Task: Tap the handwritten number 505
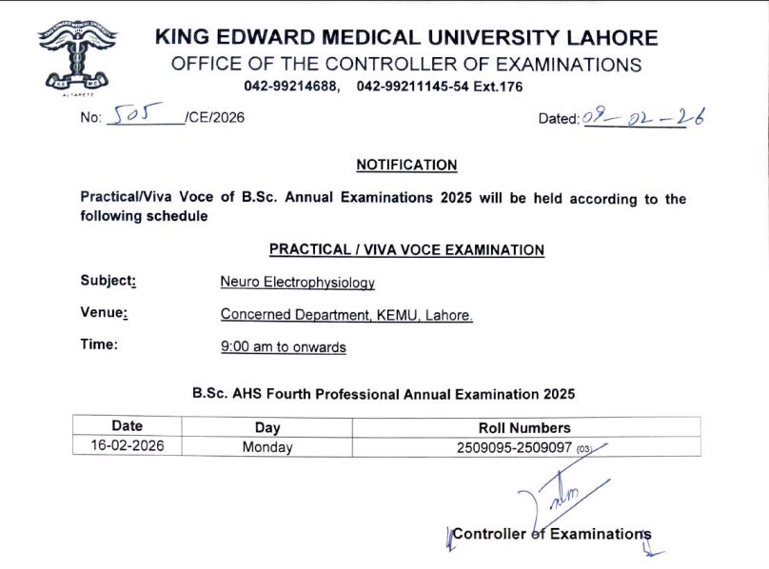tap(137, 116)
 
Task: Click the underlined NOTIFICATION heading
tap(406, 165)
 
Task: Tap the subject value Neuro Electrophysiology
tap(297, 283)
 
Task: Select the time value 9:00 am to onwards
tap(283, 347)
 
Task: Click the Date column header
tap(127, 426)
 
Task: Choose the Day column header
tap(267, 427)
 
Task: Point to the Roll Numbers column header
tap(524, 427)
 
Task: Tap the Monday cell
tap(267, 446)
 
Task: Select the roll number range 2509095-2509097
tap(515, 446)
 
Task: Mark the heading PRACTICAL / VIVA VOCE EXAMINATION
tap(406, 250)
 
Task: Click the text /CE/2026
tap(215, 119)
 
